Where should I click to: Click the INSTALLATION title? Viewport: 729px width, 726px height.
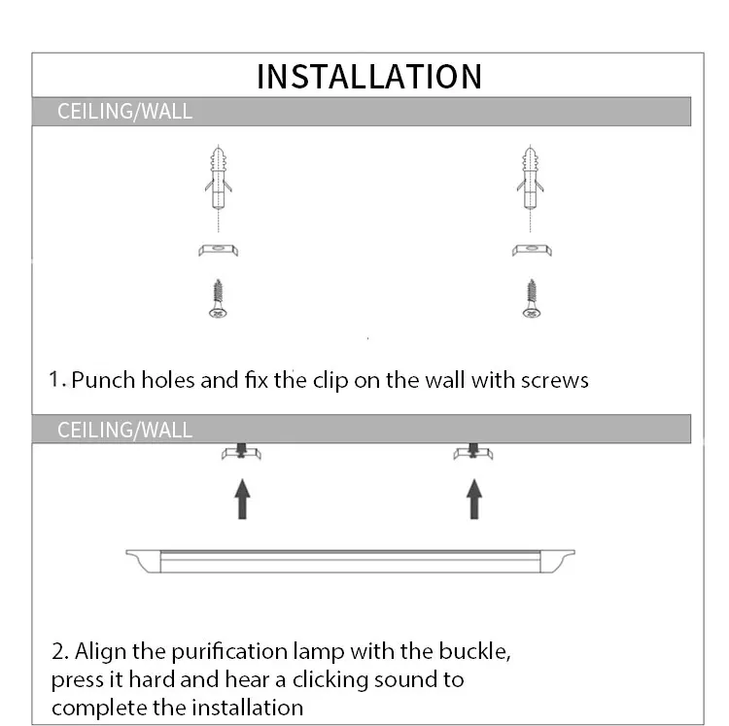click(368, 76)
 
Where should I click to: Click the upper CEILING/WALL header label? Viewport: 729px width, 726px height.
click(124, 112)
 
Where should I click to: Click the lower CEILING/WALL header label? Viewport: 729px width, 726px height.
click(124, 430)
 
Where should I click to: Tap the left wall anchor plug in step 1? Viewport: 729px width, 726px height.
click(219, 181)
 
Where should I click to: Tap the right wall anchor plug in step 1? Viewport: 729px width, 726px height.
click(531, 181)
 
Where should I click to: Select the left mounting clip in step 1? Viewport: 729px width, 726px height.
click(219, 250)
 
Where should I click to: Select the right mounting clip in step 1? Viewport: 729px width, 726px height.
click(532, 250)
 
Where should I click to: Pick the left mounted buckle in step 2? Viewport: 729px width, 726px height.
click(242, 453)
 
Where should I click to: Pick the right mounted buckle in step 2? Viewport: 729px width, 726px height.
click(473, 453)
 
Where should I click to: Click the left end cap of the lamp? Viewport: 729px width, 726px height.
click(143, 560)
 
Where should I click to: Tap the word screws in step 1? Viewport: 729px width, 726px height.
click(556, 380)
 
